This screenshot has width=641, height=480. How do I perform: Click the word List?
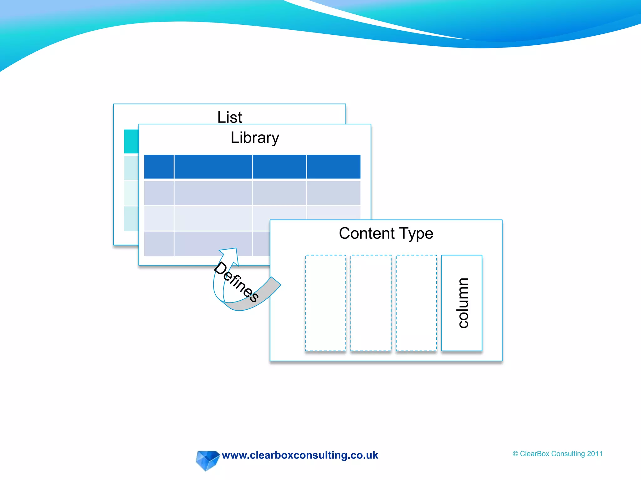coord(229,117)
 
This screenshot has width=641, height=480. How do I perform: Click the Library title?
coord(255,138)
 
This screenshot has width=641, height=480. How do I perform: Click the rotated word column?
coord(463,303)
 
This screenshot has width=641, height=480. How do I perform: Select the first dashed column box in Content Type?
coord(326,303)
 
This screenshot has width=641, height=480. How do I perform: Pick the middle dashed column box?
coord(371,303)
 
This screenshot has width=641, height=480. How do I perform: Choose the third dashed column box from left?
coord(416,303)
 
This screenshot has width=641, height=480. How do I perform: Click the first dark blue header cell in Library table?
coord(159,167)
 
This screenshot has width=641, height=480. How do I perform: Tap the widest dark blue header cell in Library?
coord(213,167)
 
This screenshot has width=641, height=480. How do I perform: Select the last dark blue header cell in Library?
coord(334,167)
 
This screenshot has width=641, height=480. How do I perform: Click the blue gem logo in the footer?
coord(207,460)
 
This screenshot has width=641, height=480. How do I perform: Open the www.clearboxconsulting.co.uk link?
coord(300,455)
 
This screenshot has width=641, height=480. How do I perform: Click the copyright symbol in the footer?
coord(515,454)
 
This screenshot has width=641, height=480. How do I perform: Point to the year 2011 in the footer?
coord(595,454)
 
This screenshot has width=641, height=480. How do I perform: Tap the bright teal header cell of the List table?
coord(131,141)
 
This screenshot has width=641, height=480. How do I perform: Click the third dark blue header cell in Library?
coord(279,167)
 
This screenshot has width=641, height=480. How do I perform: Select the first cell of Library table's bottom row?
coord(159,244)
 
